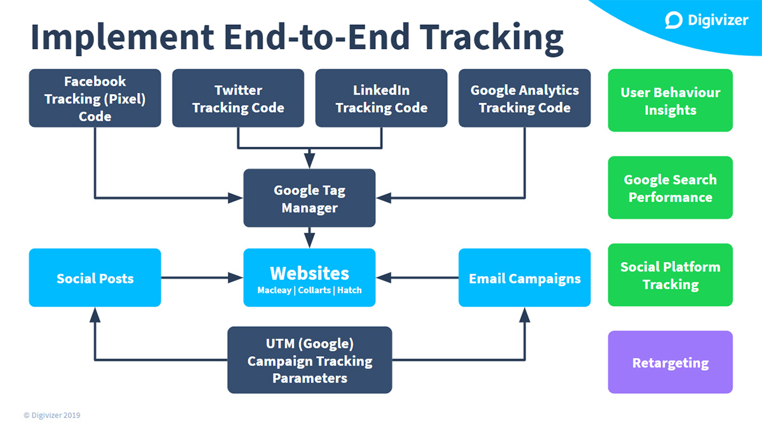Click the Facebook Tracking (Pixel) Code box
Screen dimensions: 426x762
click(95, 99)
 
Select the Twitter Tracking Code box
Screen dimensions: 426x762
click(238, 99)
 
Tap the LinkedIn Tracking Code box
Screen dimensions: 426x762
click(381, 99)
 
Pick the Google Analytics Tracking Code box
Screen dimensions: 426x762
click(525, 99)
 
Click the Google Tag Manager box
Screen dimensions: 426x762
click(309, 198)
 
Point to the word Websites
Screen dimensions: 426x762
click(309, 273)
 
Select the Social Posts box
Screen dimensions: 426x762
click(95, 278)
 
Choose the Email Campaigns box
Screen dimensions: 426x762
click(525, 278)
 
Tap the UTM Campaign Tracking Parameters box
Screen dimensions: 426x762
click(309, 361)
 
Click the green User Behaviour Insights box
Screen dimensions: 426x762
click(670, 100)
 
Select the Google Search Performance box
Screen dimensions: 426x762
click(670, 188)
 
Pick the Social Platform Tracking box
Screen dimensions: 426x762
click(670, 275)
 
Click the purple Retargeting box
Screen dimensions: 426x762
click(670, 362)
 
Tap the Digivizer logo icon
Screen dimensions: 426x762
click(674, 20)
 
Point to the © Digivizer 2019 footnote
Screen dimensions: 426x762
click(52, 415)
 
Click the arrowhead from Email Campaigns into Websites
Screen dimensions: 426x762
click(382, 278)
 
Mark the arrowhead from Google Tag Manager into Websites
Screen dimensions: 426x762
click(309, 242)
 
